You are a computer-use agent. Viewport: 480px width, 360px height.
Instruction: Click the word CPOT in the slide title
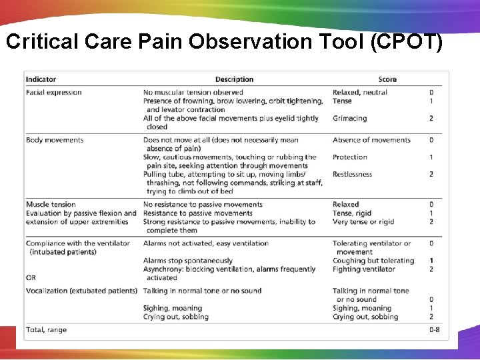click(407, 42)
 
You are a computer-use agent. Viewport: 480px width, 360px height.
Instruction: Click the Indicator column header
click(41, 80)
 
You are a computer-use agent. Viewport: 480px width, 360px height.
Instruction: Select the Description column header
click(234, 80)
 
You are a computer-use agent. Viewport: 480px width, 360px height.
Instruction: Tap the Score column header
click(387, 80)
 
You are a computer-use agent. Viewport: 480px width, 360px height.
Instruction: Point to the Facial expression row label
click(53, 93)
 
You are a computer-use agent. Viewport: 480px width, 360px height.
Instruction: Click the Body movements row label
click(55, 140)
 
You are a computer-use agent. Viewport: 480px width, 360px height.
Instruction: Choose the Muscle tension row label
click(51, 205)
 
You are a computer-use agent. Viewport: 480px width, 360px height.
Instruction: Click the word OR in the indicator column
click(31, 278)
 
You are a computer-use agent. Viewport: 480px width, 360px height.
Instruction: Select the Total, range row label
click(46, 330)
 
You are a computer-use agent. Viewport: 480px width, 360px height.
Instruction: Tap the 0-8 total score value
click(434, 330)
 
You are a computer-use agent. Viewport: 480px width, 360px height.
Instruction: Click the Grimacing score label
click(349, 119)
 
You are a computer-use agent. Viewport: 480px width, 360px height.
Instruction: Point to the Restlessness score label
click(352, 175)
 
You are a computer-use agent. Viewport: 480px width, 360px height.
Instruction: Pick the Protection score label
click(350, 157)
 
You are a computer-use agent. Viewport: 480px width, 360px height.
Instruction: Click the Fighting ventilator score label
click(364, 269)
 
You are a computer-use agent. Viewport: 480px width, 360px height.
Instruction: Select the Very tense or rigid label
click(363, 222)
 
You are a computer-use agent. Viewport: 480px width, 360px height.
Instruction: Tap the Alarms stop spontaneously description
click(188, 261)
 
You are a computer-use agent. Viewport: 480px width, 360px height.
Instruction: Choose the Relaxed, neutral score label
click(360, 93)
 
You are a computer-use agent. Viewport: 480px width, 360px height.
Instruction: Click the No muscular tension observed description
click(193, 93)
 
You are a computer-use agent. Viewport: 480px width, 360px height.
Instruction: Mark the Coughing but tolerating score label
click(373, 261)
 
